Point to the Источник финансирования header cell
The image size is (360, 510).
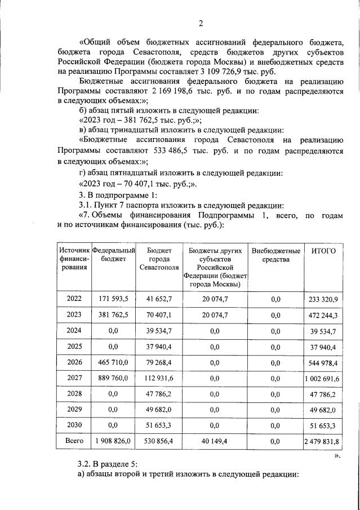74,259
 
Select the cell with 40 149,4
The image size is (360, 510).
215,440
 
